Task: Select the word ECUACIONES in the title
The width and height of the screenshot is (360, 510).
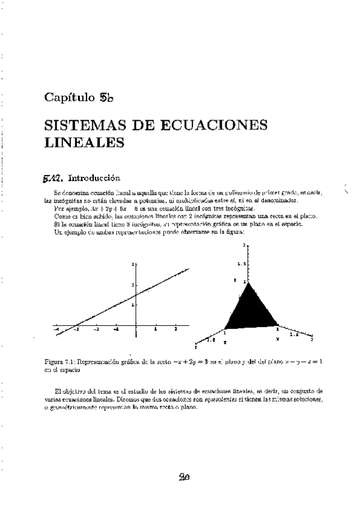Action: click(206, 127)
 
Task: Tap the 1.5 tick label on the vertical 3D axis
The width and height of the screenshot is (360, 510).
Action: click(242, 263)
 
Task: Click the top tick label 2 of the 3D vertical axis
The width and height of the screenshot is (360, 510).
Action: click(245, 245)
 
